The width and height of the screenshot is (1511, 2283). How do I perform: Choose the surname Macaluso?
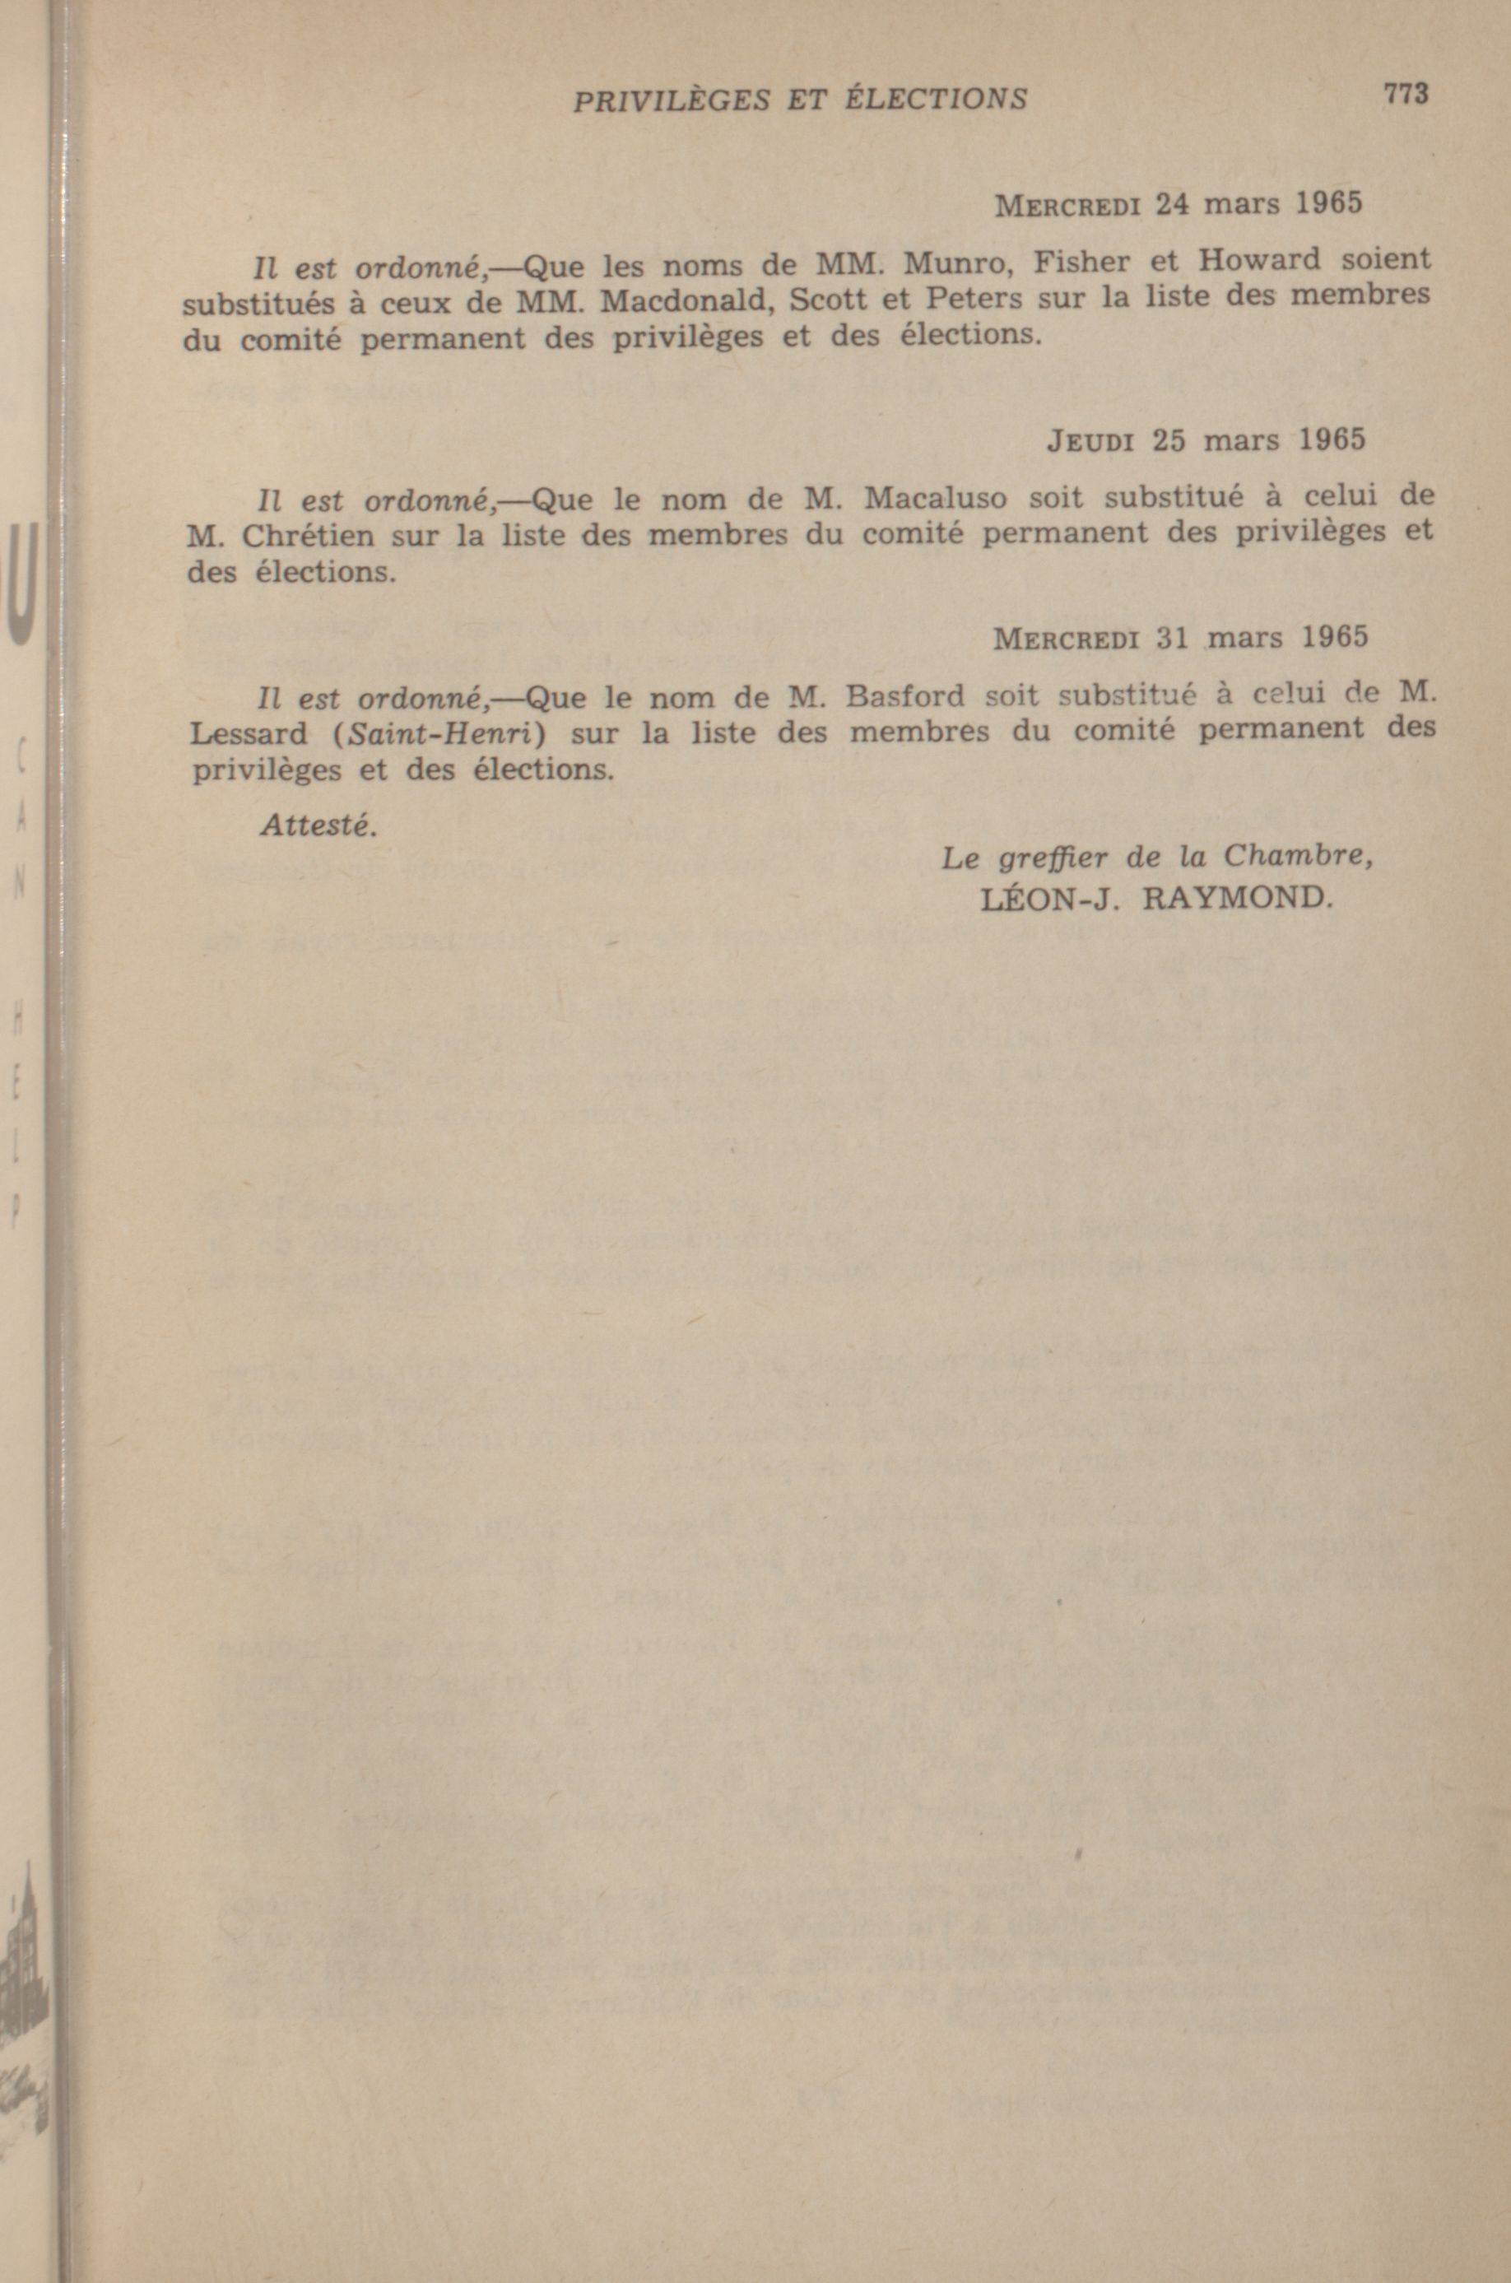(936, 497)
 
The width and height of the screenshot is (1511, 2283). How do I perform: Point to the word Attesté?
(314, 827)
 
